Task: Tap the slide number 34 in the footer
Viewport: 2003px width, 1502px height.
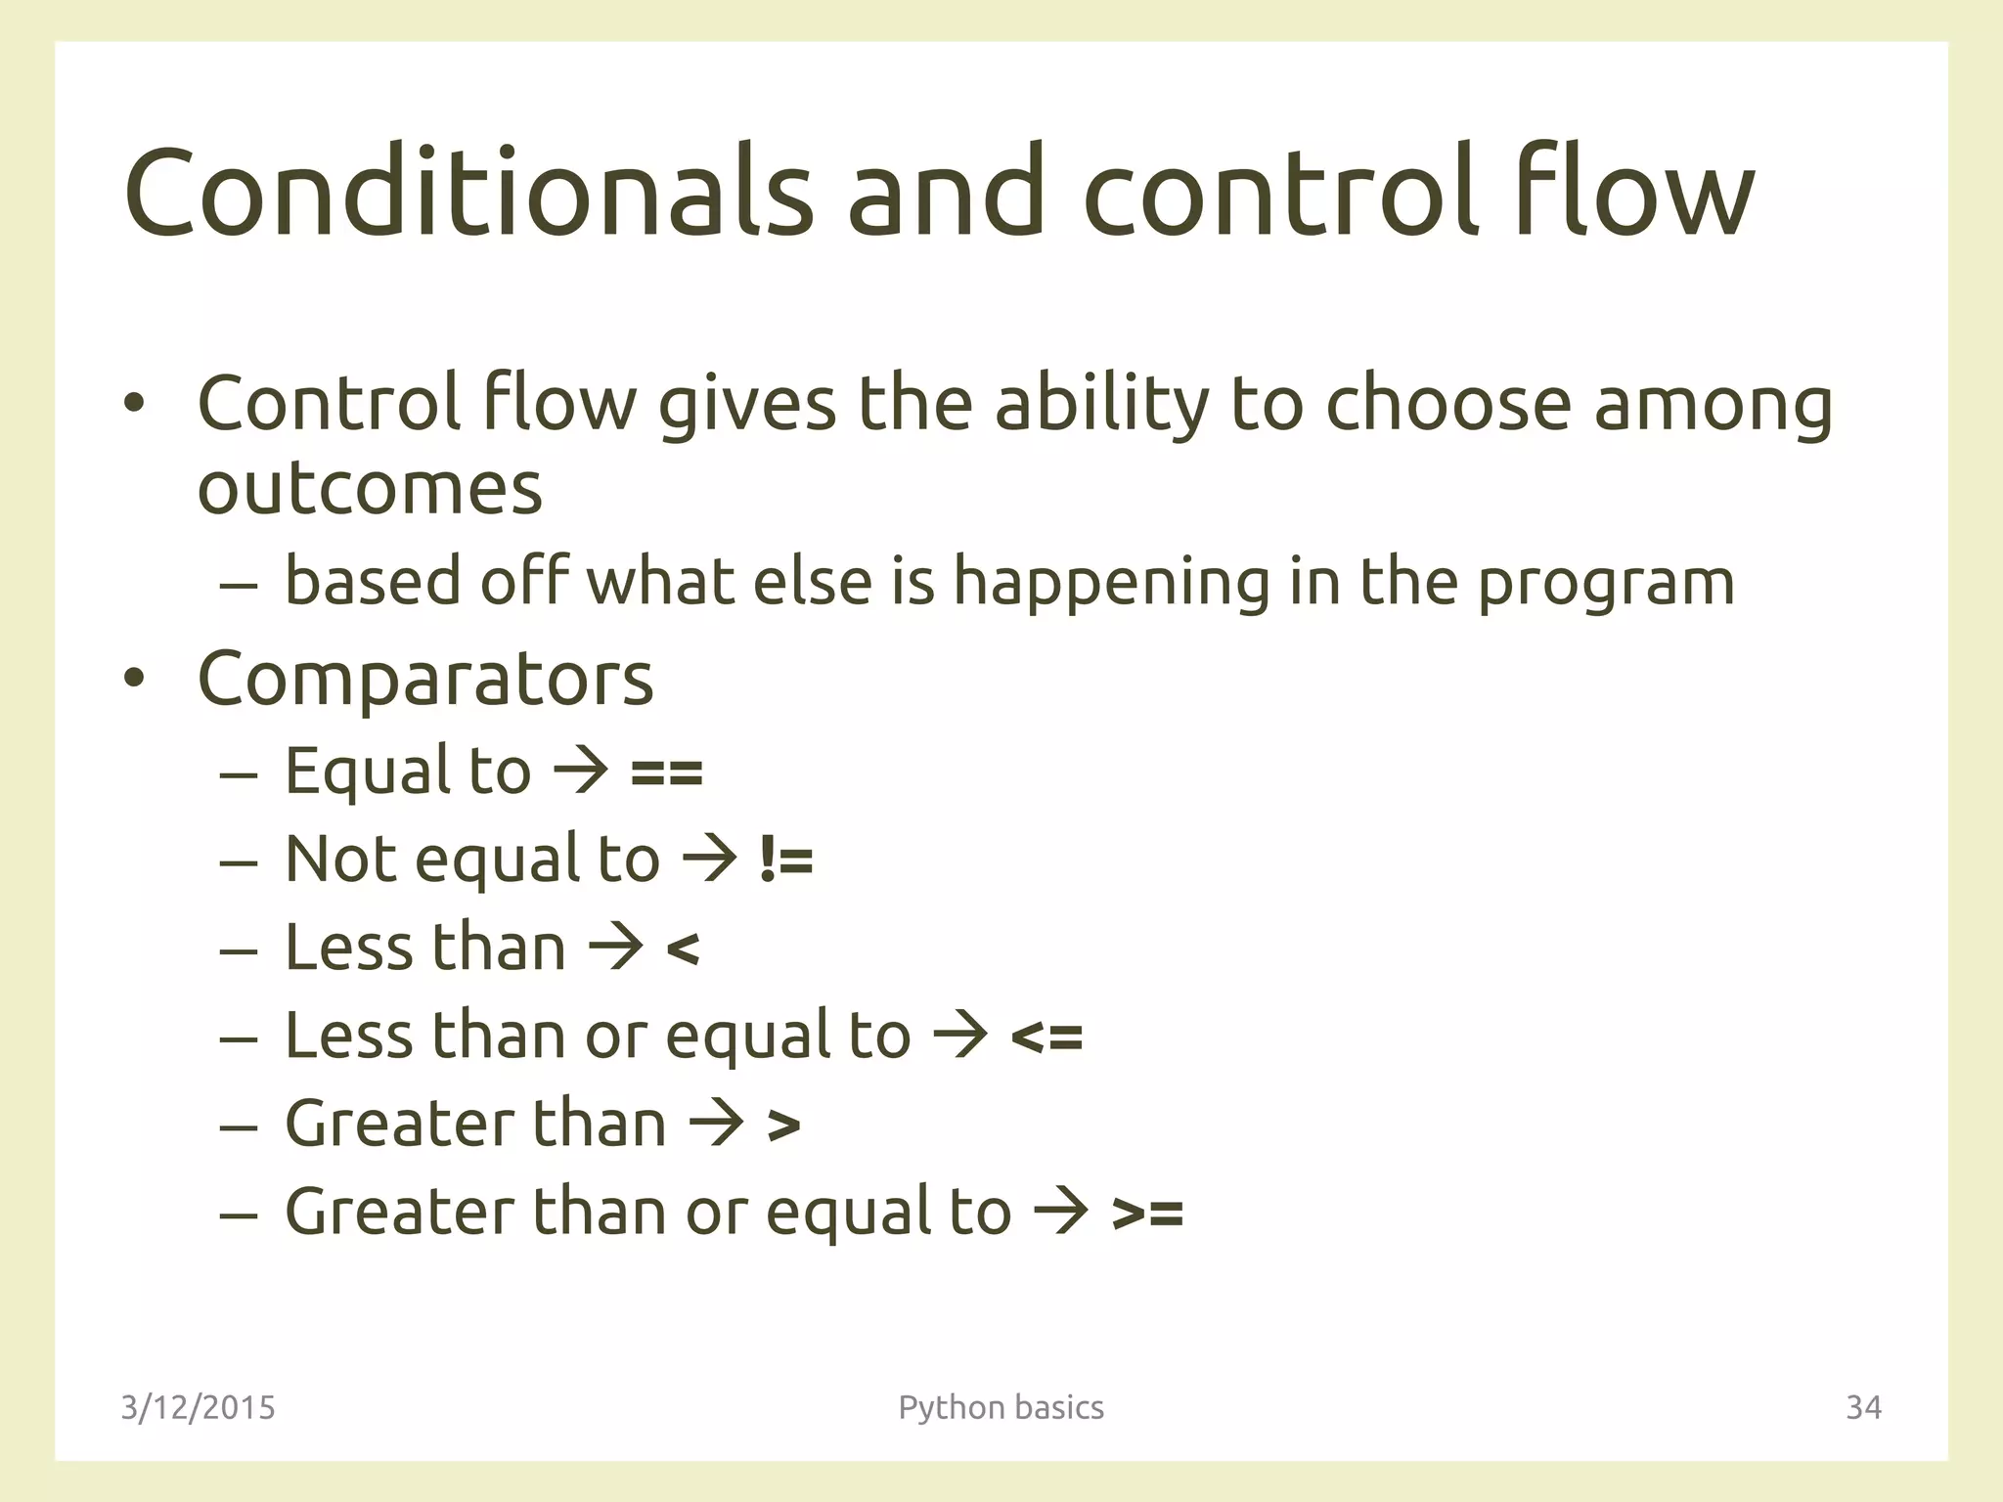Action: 1863,1407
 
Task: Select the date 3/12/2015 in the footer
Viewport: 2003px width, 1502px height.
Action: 198,1407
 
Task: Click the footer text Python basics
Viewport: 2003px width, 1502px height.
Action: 1001,1407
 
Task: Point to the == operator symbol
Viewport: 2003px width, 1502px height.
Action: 666,773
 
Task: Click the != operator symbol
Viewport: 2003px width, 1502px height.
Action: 785,861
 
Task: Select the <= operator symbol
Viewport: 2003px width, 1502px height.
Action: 1046,1037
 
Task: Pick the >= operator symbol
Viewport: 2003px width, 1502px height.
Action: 1147,1214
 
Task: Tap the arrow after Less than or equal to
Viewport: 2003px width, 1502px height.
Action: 960,1036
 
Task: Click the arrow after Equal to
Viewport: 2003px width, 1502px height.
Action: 581,772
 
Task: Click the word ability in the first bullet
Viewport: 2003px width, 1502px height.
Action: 1102,403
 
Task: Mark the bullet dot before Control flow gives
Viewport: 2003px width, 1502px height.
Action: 134,403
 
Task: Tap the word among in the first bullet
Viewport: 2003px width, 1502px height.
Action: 1714,403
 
